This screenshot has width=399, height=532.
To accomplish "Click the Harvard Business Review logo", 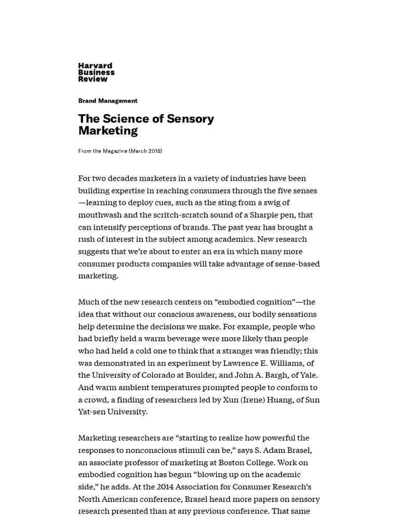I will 96,72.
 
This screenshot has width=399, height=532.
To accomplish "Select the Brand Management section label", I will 108,101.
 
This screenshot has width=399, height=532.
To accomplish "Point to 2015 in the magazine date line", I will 154,151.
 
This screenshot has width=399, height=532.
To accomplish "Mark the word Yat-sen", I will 94,412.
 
